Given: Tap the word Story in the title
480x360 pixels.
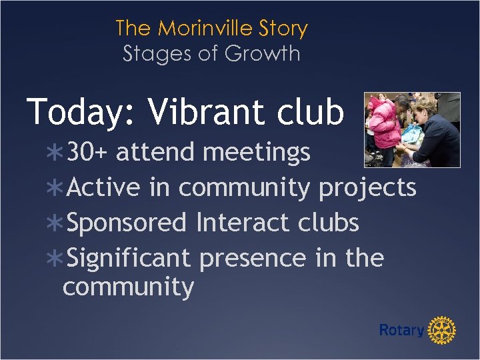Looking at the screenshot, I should (285, 29).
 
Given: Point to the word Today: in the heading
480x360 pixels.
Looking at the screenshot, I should (81, 112).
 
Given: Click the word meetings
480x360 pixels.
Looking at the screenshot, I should (257, 153).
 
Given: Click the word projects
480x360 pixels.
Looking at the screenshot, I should (367, 189).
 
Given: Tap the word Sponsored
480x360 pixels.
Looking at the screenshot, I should (127, 223).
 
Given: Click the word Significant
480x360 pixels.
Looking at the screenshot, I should (129, 258).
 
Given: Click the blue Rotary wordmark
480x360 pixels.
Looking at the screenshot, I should (401, 330).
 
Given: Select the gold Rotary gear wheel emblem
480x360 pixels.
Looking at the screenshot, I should (441, 330).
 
